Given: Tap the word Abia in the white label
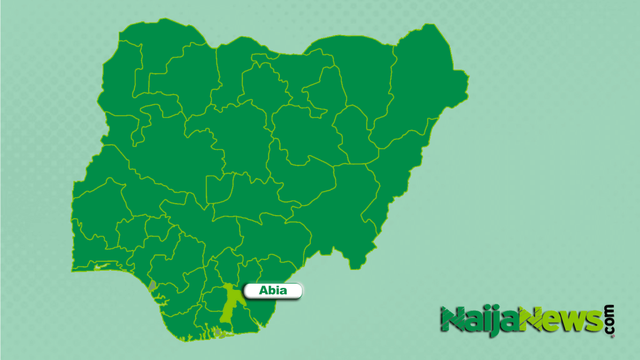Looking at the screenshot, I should click(x=272, y=291).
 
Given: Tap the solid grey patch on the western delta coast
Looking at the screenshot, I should click(x=152, y=286).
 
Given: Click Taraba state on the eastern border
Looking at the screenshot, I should click(x=350, y=206).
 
